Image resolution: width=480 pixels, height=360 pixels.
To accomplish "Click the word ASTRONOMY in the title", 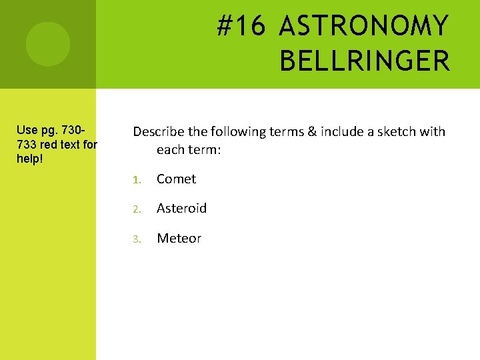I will click(364, 27).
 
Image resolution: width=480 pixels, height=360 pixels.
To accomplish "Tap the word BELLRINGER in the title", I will click(365, 61).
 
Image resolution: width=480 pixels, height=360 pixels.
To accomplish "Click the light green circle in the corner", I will click(47, 44).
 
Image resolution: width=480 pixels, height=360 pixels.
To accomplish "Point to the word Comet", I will click(176, 179).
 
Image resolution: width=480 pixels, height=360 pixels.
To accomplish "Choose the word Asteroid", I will click(181, 208).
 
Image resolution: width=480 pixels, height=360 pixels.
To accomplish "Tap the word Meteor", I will click(179, 238).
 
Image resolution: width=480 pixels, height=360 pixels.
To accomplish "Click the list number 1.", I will click(135, 179).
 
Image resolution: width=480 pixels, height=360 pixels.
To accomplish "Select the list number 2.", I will click(135, 209).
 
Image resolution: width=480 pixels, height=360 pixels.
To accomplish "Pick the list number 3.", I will click(135, 239).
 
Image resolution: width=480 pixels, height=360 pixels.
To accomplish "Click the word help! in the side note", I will click(29, 159).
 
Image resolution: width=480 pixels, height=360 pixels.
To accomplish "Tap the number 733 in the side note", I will click(28, 144).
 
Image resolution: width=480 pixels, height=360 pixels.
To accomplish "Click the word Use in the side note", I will click(27, 129).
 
